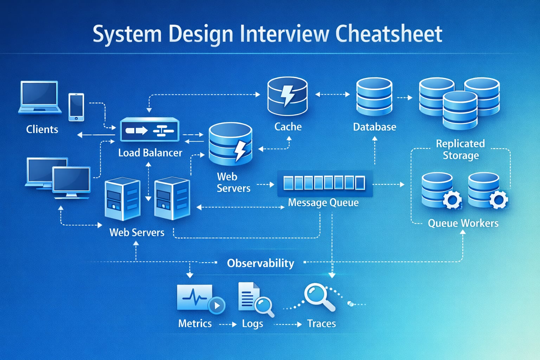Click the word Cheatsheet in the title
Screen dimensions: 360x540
pos(388,34)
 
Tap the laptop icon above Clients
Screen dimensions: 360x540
pos(39,97)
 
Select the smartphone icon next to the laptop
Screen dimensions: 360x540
pos(76,107)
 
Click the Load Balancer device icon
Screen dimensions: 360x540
pos(150,130)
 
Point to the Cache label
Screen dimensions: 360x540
pos(288,127)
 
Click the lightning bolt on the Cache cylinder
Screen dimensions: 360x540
pos(288,95)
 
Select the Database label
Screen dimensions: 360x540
pos(374,127)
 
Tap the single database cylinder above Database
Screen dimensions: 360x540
pos(374,97)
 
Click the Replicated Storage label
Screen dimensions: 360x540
pos(460,149)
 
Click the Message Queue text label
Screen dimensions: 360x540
pos(323,202)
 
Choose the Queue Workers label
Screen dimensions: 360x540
pos(463,223)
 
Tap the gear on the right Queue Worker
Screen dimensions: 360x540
pos(499,200)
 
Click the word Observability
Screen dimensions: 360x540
pos(261,263)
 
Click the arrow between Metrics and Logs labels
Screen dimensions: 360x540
pos(228,324)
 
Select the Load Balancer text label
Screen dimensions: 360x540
pos(150,153)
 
